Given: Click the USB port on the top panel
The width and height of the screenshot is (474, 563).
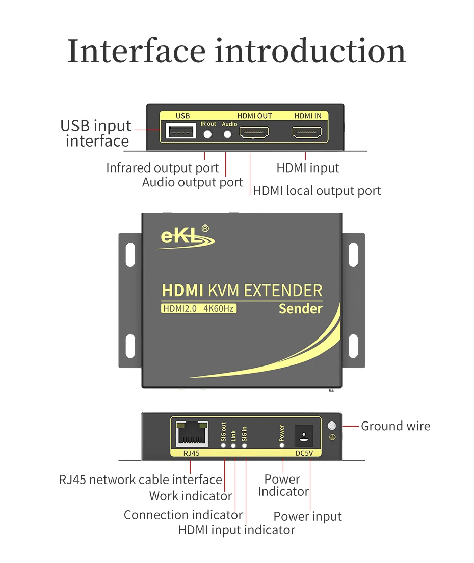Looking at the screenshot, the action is pyautogui.click(x=181, y=131).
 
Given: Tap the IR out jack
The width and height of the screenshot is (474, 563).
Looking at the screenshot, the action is pyautogui.click(x=207, y=134).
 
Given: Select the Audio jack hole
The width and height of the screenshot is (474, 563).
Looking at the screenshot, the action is pyautogui.click(x=227, y=134).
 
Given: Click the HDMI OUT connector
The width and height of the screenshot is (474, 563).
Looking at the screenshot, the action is pyautogui.click(x=254, y=132).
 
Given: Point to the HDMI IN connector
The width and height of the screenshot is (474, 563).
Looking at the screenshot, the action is pyautogui.click(x=307, y=132).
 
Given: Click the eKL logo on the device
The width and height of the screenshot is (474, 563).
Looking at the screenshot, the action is pyautogui.click(x=186, y=237).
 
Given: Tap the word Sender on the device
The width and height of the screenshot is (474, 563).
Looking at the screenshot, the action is pyautogui.click(x=301, y=309).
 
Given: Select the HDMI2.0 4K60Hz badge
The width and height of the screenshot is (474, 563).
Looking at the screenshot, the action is pyautogui.click(x=198, y=308).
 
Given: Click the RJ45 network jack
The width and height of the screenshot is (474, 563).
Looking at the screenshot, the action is pyautogui.click(x=192, y=434).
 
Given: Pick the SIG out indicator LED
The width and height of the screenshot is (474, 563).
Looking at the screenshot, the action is pyautogui.click(x=223, y=445).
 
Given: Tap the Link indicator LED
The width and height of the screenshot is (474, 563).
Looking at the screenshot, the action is pyautogui.click(x=233, y=445).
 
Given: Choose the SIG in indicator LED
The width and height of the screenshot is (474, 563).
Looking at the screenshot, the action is pyautogui.click(x=245, y=445).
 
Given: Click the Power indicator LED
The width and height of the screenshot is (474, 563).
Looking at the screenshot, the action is pyautogui.click(x=281, y=445).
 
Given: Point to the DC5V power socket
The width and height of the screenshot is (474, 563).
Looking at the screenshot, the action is pyautogui.click(x=304, y=436).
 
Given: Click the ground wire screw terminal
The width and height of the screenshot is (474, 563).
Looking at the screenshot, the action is pyautogui.click(x=332, y=426).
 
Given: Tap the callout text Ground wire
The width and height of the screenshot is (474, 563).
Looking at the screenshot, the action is pyautogui.click(x=396, y=426).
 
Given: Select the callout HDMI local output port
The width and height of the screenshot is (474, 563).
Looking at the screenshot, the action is pyautogui.click(x=317, y=191).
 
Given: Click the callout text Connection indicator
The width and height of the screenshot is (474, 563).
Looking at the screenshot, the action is pyautogui.click(x=183, y=515).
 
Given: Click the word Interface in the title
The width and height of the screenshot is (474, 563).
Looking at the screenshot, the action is pyautogui.click(x=137, y=50).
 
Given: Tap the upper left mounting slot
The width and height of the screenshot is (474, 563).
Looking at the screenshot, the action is pyautogui.click(x=130, y=255).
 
